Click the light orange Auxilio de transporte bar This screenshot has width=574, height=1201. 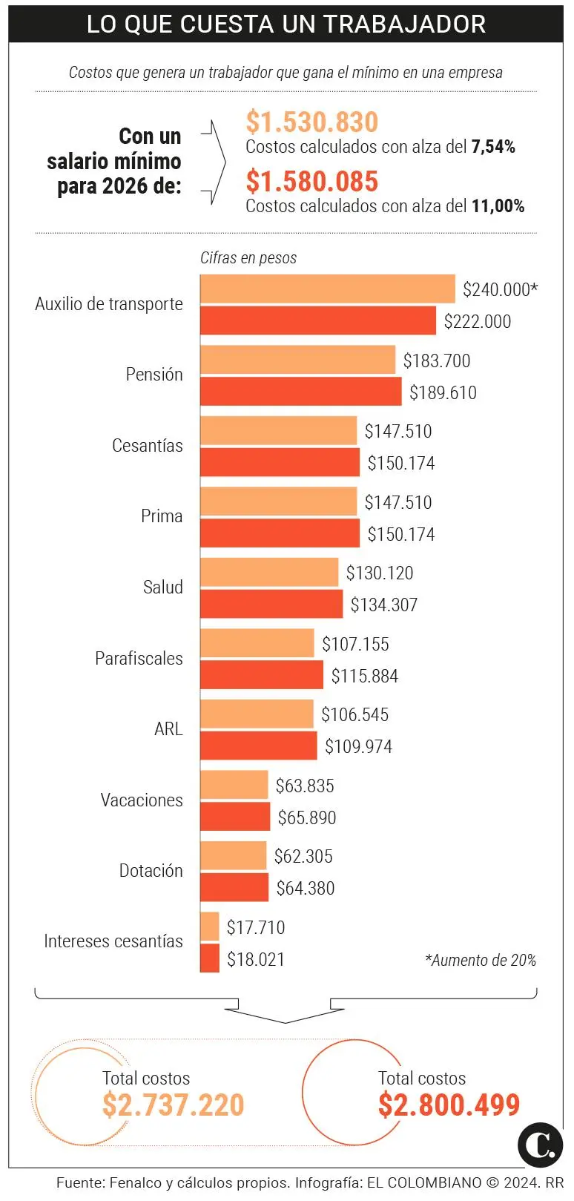click(327, 289)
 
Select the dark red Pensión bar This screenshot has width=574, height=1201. click(300, 392)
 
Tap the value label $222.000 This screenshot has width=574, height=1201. click(478, 321)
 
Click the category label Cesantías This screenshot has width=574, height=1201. click(147, 446)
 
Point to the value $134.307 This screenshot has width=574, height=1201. click(383, 605)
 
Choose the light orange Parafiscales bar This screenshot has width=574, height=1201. click(257, 644)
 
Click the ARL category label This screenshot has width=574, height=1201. click(168, 729)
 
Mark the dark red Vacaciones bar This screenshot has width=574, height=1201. click(235, 817)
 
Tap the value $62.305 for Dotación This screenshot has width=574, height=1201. click(303, 857)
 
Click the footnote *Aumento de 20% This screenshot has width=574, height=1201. click(480, 961)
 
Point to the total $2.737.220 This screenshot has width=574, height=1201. click(173, 1105)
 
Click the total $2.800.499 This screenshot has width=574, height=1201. click(449, 1105)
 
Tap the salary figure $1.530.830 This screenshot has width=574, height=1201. click(311, 122)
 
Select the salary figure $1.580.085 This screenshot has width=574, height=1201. click(311, 182)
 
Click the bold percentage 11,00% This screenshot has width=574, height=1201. click(498, 206)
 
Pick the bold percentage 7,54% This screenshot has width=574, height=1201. click(493, 147)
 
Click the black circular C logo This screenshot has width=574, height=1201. click(540, 1145)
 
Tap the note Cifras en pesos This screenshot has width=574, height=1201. click(248, 258)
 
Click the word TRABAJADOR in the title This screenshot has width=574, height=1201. click(404, 24)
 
